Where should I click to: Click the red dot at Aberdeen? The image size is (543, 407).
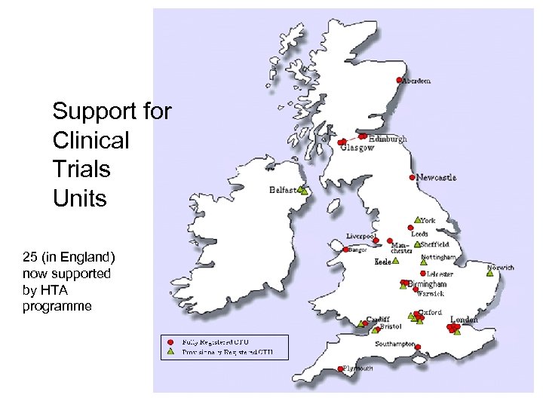[399, 81]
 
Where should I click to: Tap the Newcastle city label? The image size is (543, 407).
[437, 178]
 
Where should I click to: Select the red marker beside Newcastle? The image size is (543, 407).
[412, 178]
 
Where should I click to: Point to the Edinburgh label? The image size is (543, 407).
[388, 139]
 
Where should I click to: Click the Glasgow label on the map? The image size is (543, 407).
[357, 148]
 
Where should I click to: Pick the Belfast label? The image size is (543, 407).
[283, 191]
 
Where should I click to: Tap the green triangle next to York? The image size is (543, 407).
[417, 221]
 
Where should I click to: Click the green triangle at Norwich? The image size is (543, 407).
[490, 274]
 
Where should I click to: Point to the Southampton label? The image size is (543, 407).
[395, 344]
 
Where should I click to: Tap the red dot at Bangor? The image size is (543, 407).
[346, 249]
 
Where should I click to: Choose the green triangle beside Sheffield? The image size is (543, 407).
[417, 245]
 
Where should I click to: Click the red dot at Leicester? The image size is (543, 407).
[422, 274]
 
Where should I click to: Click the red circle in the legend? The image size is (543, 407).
[171, 342]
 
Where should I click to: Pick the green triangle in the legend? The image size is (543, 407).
[171, 351]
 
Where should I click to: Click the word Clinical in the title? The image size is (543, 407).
[90, 140]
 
